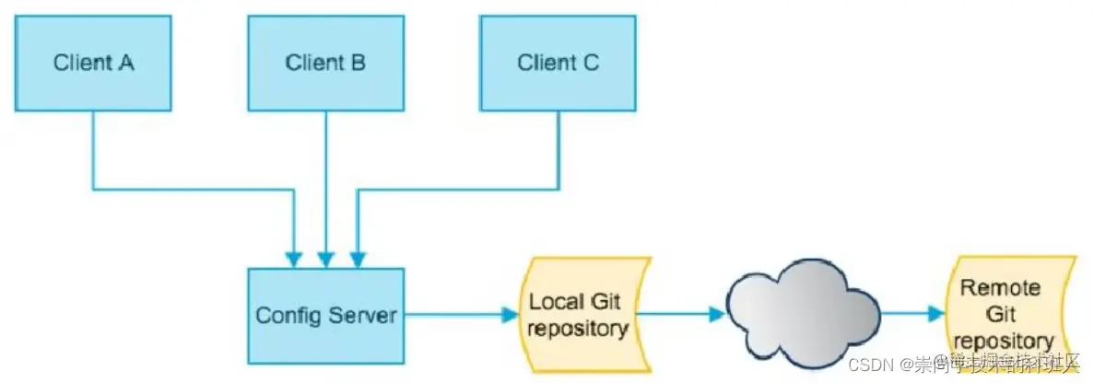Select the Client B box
pyautogui.click(x=325, y=63)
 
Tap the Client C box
pyautogui.click(x=558, y=63)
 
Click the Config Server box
pyautogui.click(x=326, y=315)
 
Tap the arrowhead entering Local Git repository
pyautogui.click(x=510, y=315)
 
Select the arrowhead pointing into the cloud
pyautogui.click(x=716, y=314)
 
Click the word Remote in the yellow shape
pyautogui.click(x=1001, y=288)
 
